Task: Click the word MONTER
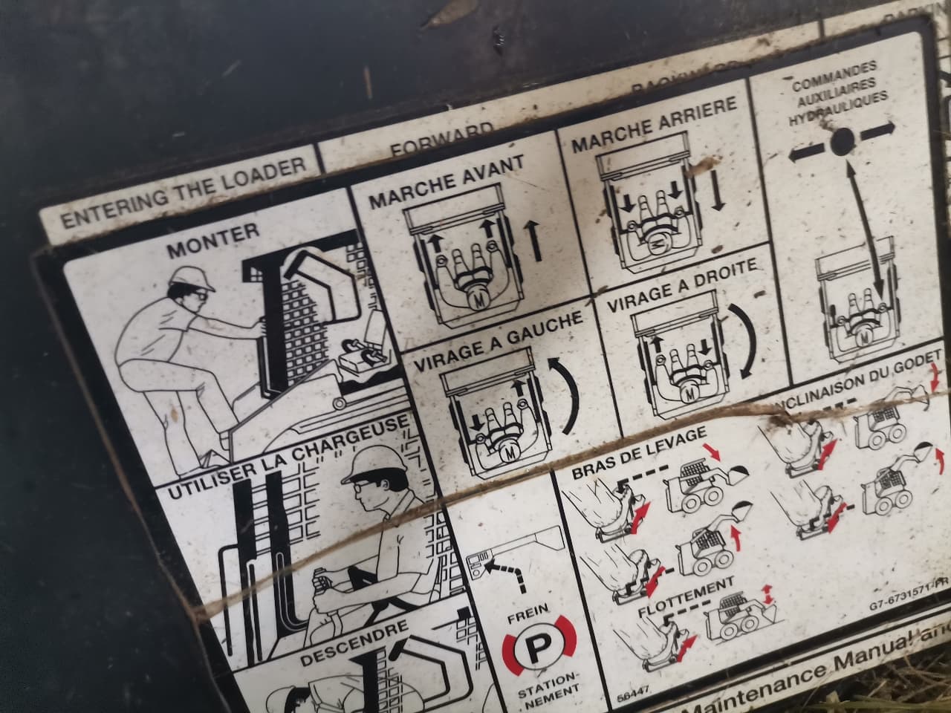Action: [x=212, y=240]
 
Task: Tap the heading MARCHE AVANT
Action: [x=447, y=182]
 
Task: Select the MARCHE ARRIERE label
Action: [x=654, y=125]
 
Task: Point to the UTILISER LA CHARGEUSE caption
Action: [x=287, y=457]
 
